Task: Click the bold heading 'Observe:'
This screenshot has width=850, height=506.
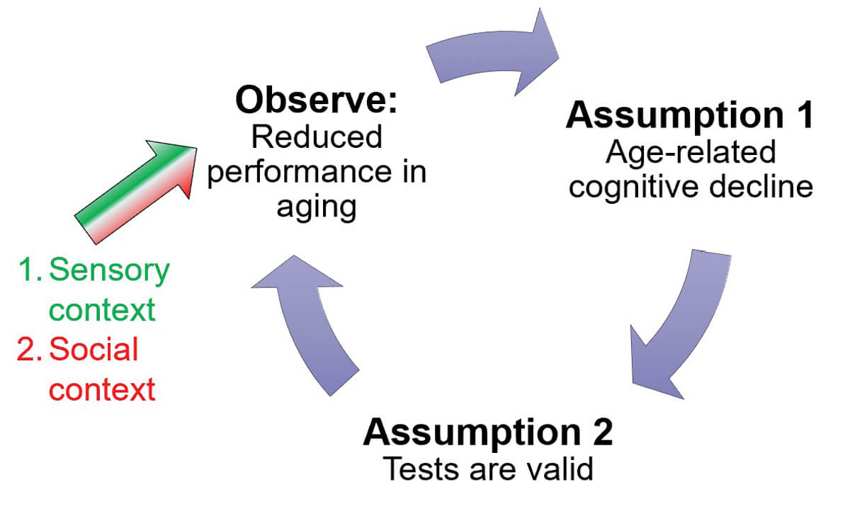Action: pyautogui.click(x=317, y=101)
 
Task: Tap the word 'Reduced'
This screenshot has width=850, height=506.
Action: pyautogui.click(x=317, y=137)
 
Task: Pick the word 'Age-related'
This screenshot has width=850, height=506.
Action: pyautogui.click(x=688, y=153)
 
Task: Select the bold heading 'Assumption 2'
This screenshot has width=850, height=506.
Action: pyautogui.click(x=487, y=432)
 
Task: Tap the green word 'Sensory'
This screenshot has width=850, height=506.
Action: pyautogui.click(x=110, y=271)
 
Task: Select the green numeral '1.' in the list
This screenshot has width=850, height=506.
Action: pyautogui.click(x=31, y=271)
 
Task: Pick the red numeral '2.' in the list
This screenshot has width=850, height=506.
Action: pyautogui.click(x=31, y=350)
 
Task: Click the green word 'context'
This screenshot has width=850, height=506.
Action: pyautogui.click(x=102, y=310)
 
